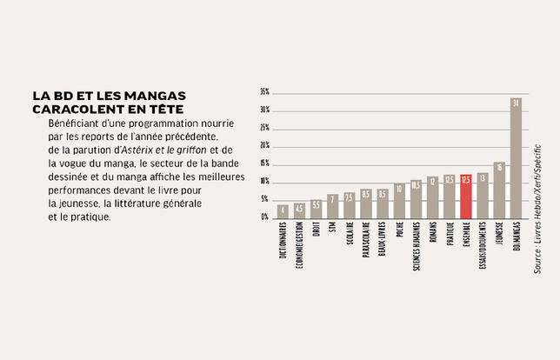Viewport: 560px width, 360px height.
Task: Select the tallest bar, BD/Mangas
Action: coord(516,158)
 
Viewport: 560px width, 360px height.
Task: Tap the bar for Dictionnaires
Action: coord(283,211)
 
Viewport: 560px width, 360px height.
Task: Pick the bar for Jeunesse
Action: coord(499,190)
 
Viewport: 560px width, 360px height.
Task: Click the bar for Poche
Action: coord(399,201)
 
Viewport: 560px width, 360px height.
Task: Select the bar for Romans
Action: coord(432,197)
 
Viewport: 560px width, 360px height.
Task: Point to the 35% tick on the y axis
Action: coord(264,91)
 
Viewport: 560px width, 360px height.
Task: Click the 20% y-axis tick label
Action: coord(264,145)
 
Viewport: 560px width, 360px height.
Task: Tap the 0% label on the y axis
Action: coord(265,217)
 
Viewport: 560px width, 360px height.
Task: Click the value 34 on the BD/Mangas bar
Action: coord(516,103)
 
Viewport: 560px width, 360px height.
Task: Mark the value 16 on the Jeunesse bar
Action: coord(499,167)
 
